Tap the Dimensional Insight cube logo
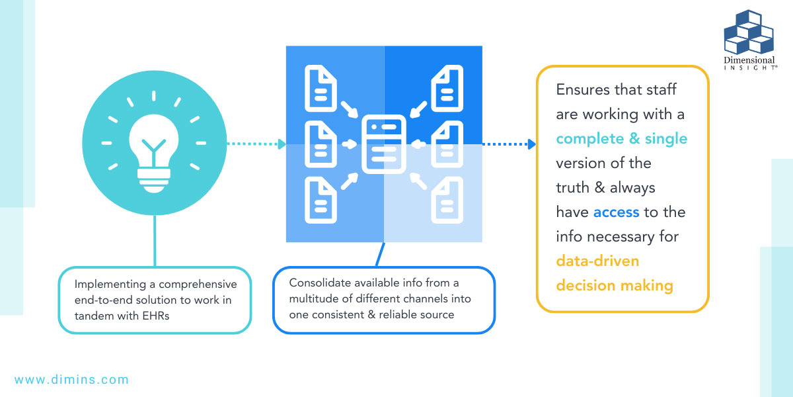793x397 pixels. pos(749,33)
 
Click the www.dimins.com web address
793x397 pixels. pos(71,380)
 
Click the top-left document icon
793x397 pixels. pos(321,88)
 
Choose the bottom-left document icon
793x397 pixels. pos(321,199)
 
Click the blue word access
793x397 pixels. pos(616,212)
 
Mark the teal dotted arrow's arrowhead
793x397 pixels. pos(282,144)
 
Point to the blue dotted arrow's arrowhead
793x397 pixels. pos(531,144)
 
